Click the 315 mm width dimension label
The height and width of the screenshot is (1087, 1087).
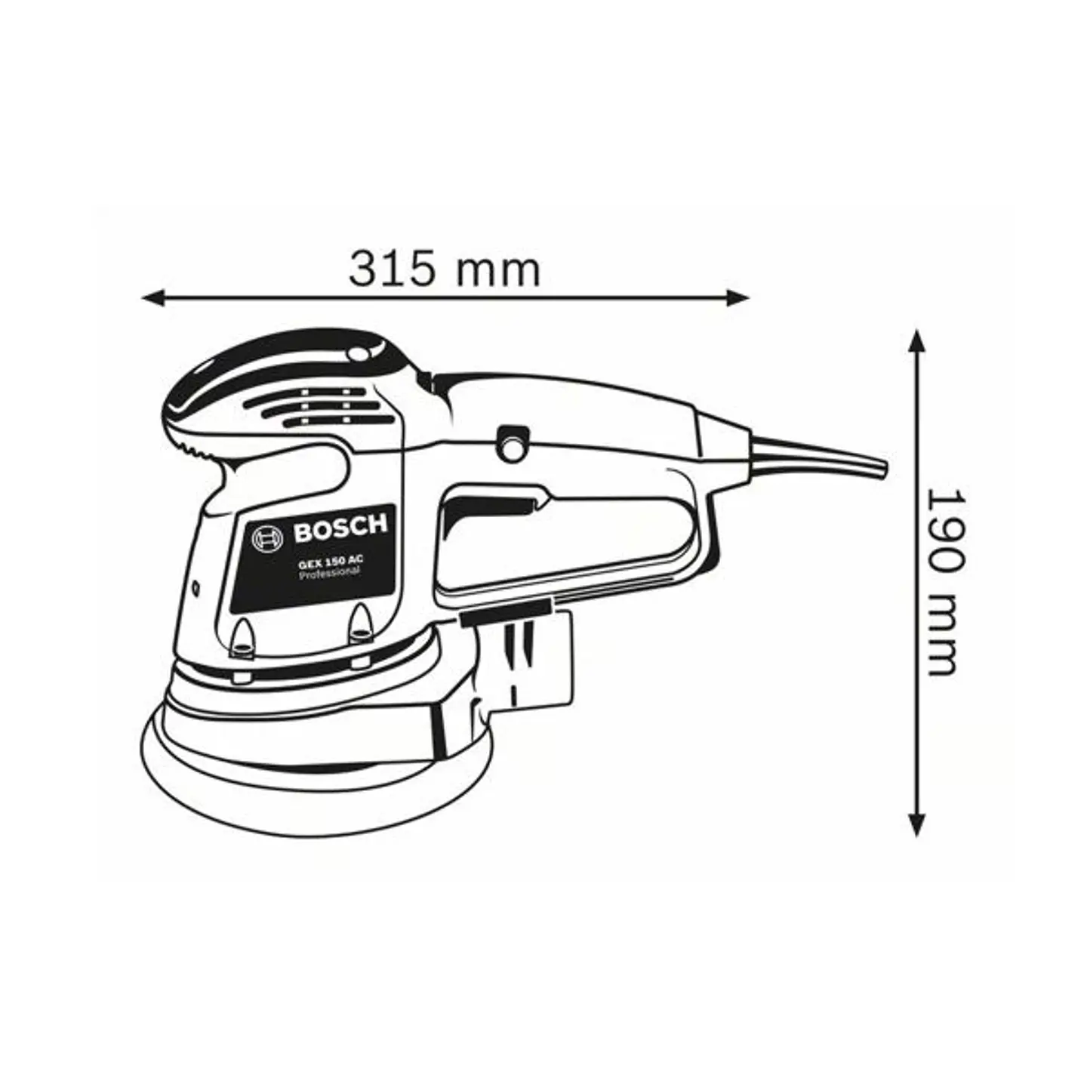coord(444,269)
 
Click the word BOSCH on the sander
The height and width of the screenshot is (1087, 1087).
coord(340,528)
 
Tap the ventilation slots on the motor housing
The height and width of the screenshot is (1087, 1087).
coord(325,405)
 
